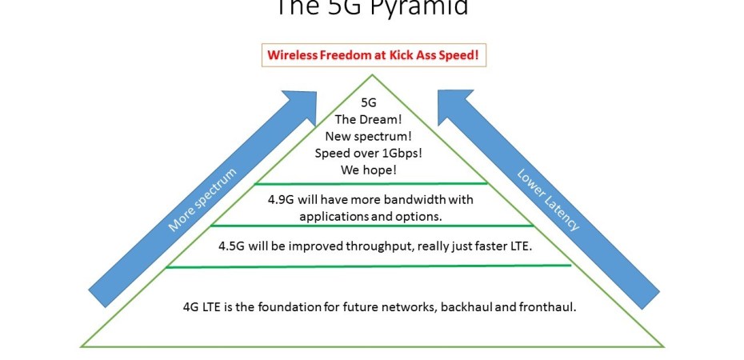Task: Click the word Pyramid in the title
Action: [x=423, y=7]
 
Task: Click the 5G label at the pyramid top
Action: [x=369, y=102]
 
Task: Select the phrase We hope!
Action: [x=369, y=170]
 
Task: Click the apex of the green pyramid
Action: [x=371, y=76]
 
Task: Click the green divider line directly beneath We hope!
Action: [x=370, y=184]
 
